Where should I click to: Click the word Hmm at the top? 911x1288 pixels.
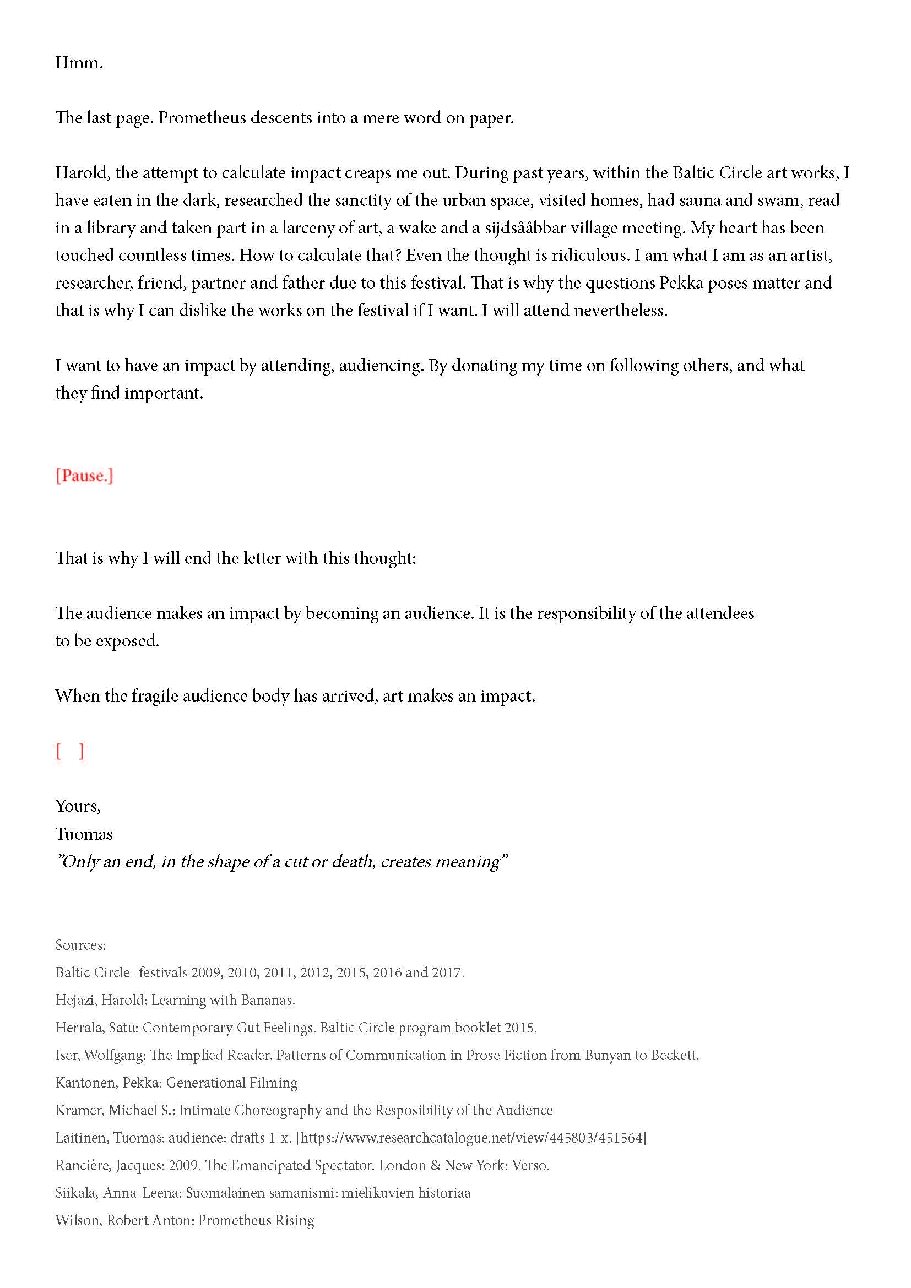coord(78,62)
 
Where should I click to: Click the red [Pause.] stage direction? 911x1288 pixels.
coord(84,476)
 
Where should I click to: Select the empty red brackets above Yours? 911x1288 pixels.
coord(69,751)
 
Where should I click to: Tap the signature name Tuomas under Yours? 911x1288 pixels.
coord(84,834)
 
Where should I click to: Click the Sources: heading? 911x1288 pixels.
coord(80,945)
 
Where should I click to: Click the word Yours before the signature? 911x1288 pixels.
coord(78,806)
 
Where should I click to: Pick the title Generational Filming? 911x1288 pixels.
coord(232,1083)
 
